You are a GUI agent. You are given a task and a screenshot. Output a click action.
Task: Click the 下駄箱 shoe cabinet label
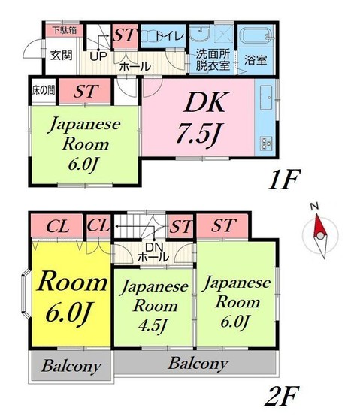65,32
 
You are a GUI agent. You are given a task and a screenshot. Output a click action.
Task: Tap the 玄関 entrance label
62,54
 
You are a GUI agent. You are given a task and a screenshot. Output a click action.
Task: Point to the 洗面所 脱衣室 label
213,60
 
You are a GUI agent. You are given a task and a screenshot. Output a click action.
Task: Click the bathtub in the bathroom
256,36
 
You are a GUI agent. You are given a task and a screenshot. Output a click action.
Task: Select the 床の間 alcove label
43,91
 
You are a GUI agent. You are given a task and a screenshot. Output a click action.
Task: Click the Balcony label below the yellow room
71,367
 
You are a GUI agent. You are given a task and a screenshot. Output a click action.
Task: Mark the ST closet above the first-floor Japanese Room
84,92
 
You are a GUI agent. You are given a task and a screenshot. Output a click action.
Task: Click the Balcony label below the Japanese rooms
198,364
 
